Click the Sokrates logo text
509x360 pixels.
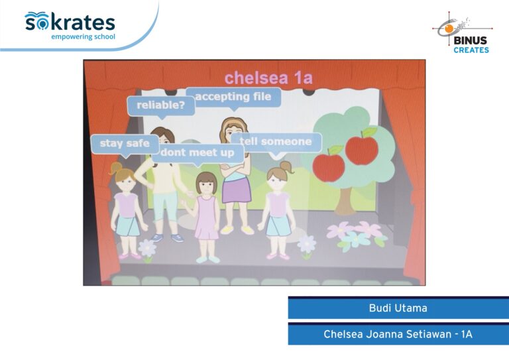pos(70,22)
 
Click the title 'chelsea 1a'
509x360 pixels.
pos(268,78)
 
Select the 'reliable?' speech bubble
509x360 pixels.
pos(161,106)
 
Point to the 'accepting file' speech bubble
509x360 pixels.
pos(233,97)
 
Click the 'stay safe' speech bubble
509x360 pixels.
pos(125,144)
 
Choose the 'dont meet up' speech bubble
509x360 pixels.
pos(198,153)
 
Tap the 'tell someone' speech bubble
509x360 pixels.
pos(276,143)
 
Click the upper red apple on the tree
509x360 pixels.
pos(362,149)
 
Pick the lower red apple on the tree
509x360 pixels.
pos(329,166)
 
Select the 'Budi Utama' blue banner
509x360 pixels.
pos(398,308)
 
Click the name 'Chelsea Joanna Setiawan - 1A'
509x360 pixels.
pos(398,334)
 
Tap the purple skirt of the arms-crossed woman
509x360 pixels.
pos(237,190)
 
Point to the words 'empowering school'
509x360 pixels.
pos(83,36)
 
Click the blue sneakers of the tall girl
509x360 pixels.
pos(167,238)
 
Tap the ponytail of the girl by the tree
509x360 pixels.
pos(286,167)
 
